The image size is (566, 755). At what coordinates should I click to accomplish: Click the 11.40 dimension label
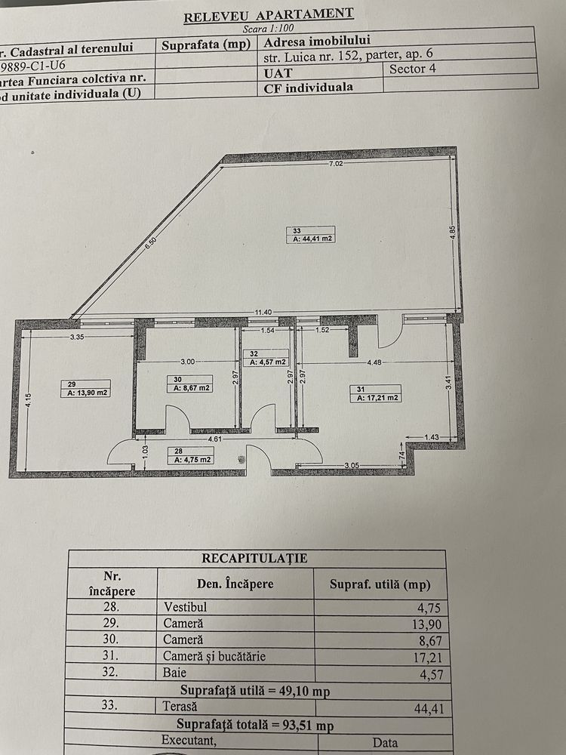coord(263,312)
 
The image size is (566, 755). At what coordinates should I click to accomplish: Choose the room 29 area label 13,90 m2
coord(89,393)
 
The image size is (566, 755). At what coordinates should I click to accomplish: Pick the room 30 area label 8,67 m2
coord(190,388)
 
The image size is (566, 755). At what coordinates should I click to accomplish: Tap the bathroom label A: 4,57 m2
coord(269,362)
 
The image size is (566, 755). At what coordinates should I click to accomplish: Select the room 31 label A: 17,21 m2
coord(377,397)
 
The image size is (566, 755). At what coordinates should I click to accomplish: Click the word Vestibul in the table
coord(185,606)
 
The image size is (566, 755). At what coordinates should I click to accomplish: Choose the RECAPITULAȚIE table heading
coord(254,559)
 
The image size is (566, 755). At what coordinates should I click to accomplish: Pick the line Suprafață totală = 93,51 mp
coord(255,724)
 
